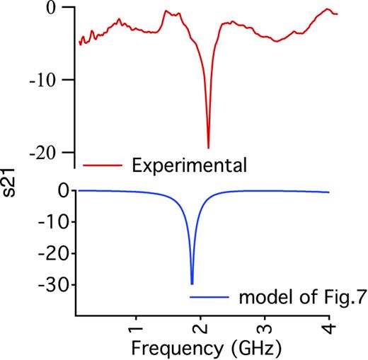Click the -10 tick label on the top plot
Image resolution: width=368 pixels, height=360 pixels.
pyautogui.click(x=42, y=80)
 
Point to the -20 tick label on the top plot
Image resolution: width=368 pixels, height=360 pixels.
pyautogui.click(x=42, y=152)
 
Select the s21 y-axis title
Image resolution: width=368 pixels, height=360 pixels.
pyautogui.click(x=12, y=193)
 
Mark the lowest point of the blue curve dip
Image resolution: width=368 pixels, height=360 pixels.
pyautogui.click(x=192, y=284)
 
